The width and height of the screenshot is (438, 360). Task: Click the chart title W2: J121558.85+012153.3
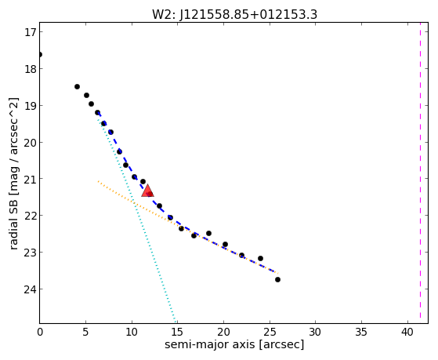tap(234, 14)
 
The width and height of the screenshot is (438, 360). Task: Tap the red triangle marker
tap(147, 191)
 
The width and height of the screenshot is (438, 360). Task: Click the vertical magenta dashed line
tap(420, 173)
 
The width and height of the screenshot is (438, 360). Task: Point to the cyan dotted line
tap(136, 218)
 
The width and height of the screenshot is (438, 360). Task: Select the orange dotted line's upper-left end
tap(98, 181)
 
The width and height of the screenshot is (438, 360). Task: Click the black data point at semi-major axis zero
tap(40, 54)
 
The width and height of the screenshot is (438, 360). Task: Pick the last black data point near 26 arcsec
tap(277, 279)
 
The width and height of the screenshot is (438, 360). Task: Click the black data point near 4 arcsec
tap(77, 87)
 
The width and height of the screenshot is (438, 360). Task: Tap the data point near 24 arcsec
tap(260, 258)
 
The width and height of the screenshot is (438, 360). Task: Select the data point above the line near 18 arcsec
tap(208, 233)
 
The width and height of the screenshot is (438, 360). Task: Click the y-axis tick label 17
tap(30, 32)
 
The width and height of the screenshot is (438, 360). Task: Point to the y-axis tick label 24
tap(30, 289)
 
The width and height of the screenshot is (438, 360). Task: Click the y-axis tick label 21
tap(30, 179)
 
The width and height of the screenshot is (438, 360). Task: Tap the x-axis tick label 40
tap(407, 332)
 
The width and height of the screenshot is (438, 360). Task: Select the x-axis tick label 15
tap(177, 332)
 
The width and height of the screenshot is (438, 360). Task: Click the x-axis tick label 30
tap(315, 332)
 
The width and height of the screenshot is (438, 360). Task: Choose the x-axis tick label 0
tap(40, 332)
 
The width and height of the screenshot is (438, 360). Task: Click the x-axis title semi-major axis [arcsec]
tap(234, 344)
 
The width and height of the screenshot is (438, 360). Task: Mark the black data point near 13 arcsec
tap(159, 205)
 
